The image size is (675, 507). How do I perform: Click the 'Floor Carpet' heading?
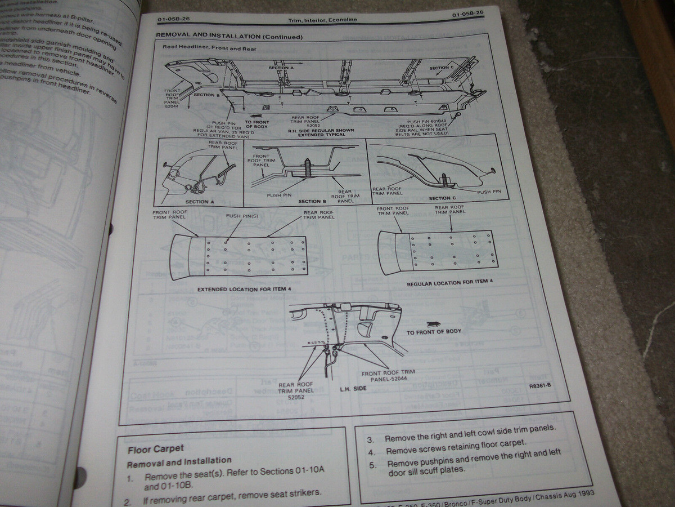(155, 448)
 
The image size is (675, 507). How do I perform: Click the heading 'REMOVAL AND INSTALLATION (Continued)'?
(229, 37)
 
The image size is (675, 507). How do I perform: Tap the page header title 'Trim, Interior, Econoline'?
(321, 20)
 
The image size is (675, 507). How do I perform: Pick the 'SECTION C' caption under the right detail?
(443, 198)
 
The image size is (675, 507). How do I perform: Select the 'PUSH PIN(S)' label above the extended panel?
(242, 216)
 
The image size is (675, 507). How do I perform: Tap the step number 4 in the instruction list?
(371, 452)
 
